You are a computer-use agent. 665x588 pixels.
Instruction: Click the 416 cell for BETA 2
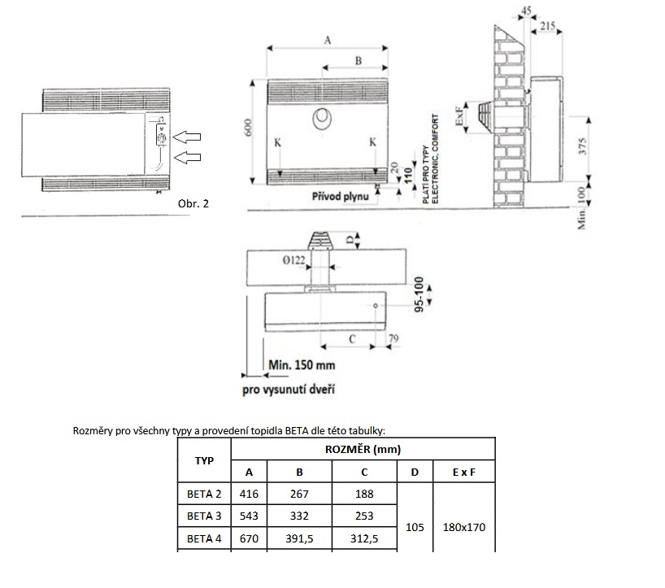pos(249,494)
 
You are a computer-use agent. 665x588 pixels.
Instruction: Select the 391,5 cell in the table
pos(299,538)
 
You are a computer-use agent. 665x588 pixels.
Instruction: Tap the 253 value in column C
pos(364,516)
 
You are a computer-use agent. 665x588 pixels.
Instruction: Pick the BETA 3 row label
pos(204,516)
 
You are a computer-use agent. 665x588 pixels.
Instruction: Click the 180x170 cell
pos(464,527)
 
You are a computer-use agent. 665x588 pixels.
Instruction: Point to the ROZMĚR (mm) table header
pos(363,449)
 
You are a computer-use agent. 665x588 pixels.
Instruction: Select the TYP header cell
pos(204,460)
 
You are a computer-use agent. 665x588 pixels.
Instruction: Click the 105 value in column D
pos(415,527)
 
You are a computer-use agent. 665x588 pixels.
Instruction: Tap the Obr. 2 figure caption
pos(193,203)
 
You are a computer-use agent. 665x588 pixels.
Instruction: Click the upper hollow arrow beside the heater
pos(187,137)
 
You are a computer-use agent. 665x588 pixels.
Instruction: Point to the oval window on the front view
pos(322,118)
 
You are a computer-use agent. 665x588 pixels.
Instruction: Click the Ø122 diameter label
pos(293,260)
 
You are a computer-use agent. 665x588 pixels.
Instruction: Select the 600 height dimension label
pos(249,127)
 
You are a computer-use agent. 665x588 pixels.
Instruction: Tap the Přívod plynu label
pos(341,197)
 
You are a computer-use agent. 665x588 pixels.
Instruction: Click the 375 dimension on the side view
pos(582,146)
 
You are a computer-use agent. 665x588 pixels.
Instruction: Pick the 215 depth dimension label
pos(548,26)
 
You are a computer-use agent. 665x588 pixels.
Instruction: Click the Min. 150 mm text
pos(302,365)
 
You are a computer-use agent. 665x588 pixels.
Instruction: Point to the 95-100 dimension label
pos(419,294)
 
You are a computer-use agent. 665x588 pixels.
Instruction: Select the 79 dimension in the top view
pos(393,338)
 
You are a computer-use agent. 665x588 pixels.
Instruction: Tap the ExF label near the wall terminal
pos(459,115)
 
